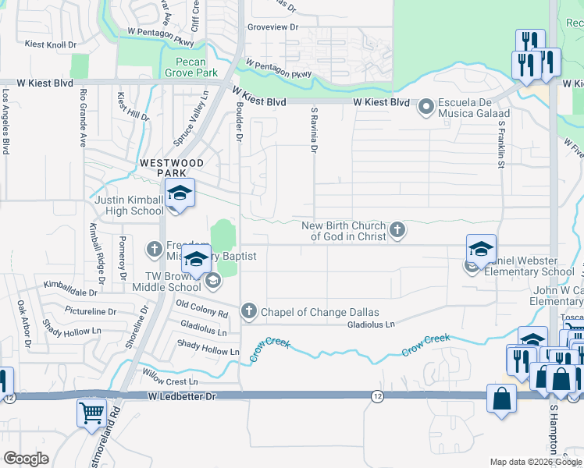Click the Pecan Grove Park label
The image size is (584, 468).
tap(191, 67)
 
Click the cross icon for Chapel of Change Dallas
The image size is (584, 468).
tap(249, 312)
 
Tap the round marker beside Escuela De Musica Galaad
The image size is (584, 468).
tap(426, 106)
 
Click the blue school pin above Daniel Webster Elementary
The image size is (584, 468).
tap(481, 250)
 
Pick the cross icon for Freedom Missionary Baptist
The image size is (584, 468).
tap(154, 250)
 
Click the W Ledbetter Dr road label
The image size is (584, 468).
tap(181, 397)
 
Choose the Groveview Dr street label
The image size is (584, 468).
tap(272, 27)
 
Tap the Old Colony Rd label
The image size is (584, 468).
tap(201, 308)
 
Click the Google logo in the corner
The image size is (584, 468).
tap(26, 459)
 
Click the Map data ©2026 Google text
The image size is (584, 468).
tap(535, 462)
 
